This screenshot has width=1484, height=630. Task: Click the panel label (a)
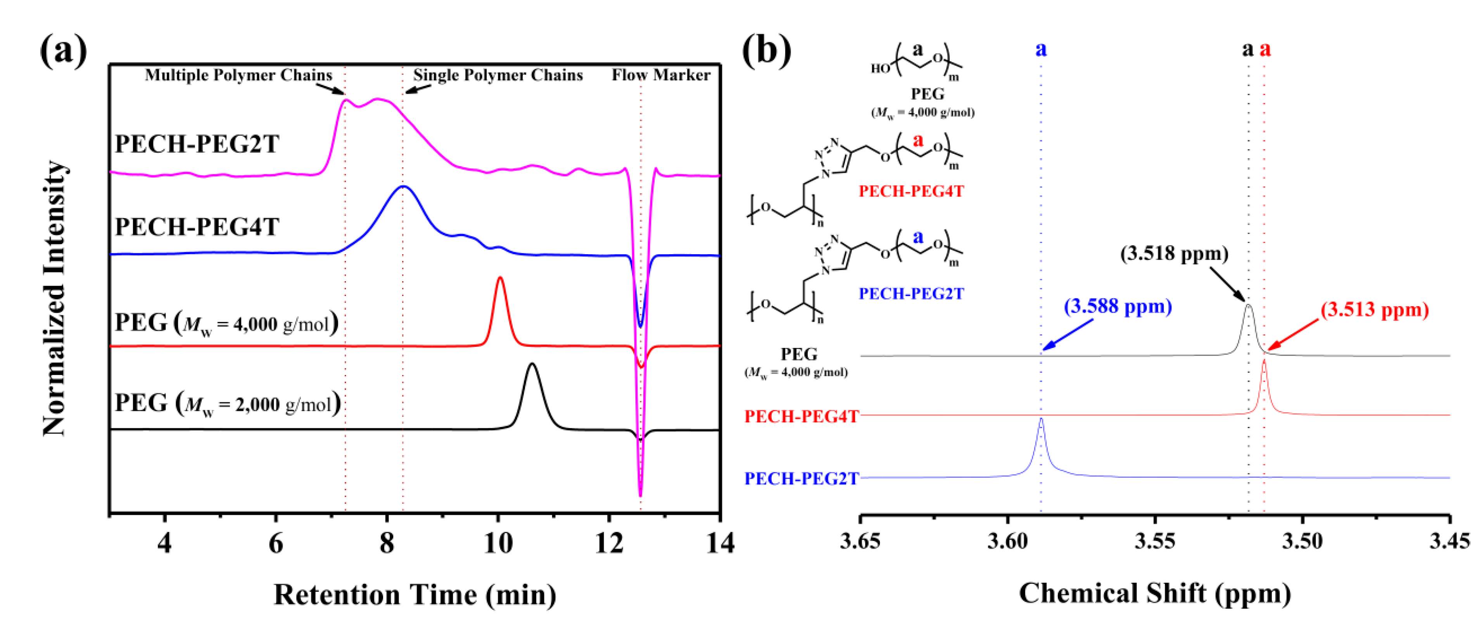click(x=63, y=51)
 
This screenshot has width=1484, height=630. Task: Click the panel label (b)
click(x=766, y=51)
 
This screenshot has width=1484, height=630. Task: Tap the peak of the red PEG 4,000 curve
click(x=500, y=278)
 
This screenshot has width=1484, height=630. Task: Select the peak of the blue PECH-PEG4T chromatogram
click(x=404, y=187)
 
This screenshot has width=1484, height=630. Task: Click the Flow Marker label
click(x=661, y=75)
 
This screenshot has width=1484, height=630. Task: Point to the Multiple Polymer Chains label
click(x=238, y=75)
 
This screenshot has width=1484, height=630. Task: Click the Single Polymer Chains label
click(x=498, y=75)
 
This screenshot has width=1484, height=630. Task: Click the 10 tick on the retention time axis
click(x=498, y=542)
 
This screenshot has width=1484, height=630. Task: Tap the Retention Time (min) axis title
click(x=415, y=595)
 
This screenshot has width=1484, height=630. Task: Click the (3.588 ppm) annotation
click(x=1118, y=306)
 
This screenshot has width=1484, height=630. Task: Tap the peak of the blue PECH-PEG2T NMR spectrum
click(x=1041, y=419)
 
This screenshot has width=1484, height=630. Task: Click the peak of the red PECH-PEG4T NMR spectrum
click(x=1264, y=360)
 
